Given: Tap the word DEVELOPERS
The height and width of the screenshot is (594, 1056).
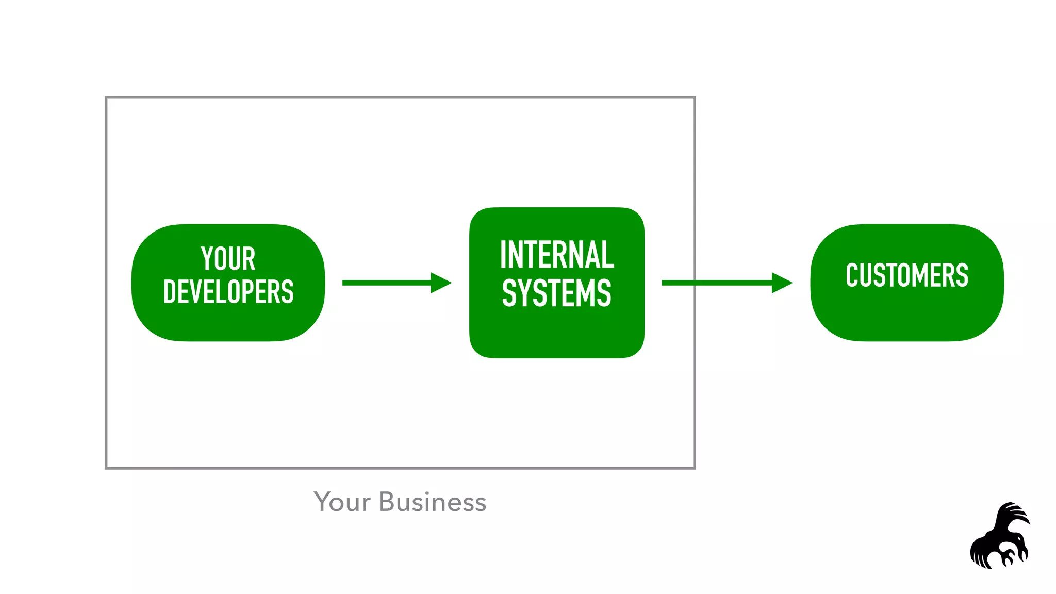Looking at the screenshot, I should (228, 292).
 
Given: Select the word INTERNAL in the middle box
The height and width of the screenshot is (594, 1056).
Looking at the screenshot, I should (557, 255).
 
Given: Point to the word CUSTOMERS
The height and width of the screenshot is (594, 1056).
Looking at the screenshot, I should (906, 275).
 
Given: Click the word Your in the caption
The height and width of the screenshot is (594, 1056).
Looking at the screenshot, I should (342, 502).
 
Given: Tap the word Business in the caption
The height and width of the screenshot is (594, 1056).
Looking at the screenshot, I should (432, 502).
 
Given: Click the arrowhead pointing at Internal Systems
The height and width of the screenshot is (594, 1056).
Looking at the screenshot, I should (440, 283).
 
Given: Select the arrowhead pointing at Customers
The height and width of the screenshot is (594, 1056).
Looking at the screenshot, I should (781, 283).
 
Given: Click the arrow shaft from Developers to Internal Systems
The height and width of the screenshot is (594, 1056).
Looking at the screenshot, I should (387, 283).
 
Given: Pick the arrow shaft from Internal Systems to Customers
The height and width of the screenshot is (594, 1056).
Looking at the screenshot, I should (732, 283).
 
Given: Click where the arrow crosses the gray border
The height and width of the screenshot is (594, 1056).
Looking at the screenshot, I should (694, 283).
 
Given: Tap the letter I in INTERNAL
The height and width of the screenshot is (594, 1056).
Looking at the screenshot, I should (503, 255).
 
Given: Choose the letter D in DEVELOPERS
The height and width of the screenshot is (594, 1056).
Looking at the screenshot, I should (170, 292).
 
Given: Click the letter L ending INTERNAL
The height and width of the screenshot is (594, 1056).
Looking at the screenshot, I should (608, 255).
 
